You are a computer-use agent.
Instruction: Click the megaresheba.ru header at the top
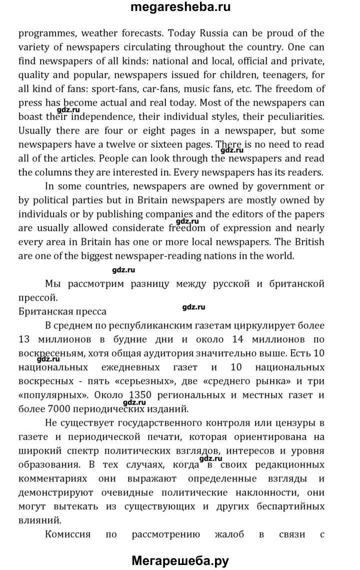[180, 8]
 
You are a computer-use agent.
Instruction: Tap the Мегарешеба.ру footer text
[180, 560]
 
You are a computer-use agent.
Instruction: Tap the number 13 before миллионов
[25, 339]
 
